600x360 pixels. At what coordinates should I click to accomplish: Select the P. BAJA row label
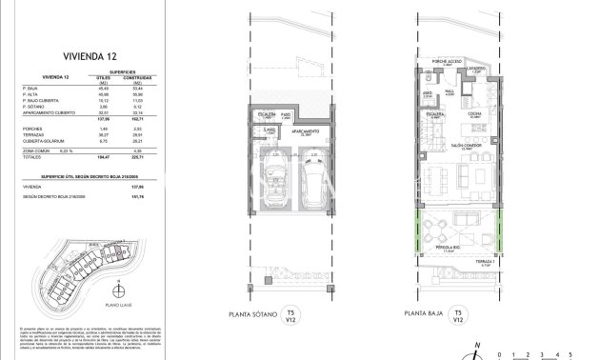click(x=38, y=88)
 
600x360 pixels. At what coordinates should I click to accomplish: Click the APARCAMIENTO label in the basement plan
click(x=305, y=132)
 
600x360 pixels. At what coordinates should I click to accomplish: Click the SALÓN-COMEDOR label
click(x=446, y=147)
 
